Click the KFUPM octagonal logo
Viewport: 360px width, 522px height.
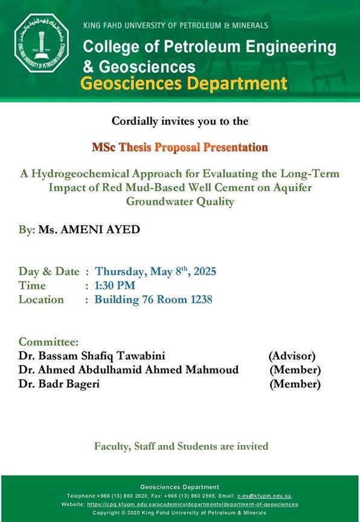point(42,43)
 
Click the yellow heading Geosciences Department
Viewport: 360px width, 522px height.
point(184,83)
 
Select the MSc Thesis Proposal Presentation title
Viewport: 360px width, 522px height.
point(180,147)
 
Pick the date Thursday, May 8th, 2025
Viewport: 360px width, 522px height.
point(155,271)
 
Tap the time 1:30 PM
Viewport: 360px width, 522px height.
point(115,285)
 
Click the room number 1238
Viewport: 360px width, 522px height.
point(201,299)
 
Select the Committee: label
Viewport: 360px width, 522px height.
point(48,341)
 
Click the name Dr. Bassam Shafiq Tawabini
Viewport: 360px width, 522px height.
point(92,356)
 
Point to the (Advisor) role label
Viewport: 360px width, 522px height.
point(292,356)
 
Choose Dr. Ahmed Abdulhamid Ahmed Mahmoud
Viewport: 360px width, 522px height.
point(129,370)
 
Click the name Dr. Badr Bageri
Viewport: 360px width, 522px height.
point(59,384)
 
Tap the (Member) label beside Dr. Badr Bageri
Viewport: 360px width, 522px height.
point(295,384)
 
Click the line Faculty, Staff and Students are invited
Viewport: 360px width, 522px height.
point(181,446)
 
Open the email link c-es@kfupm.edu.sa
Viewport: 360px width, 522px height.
point(264,496)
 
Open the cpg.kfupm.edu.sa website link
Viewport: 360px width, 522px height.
point(193,504)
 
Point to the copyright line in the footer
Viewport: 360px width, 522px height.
point(179,513)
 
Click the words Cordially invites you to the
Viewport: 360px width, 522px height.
point(180,121)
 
